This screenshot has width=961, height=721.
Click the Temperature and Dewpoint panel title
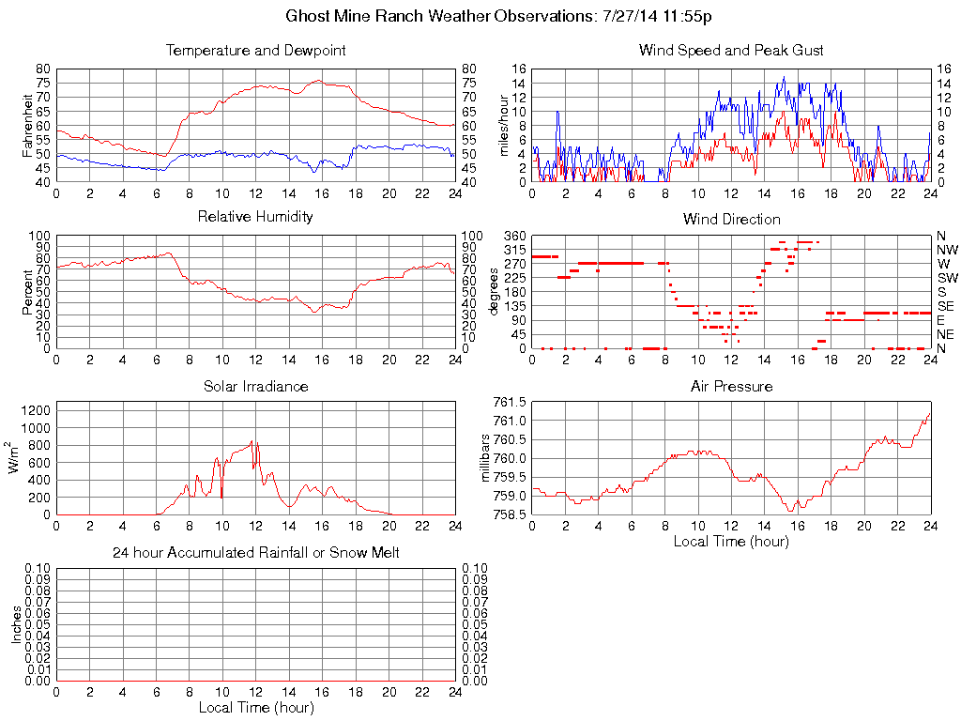[255, 50]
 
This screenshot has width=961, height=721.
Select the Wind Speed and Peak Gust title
[731, 50]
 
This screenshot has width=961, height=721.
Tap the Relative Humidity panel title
[255, 217]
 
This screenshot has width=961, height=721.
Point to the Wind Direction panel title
[731, 219]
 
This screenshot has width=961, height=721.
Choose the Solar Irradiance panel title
[255, 386]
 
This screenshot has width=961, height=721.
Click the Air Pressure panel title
[731, 386]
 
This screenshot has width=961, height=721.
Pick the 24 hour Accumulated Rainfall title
[255, 553]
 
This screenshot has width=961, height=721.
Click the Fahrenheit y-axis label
[26, 125]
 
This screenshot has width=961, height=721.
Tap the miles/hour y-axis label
[503, 125]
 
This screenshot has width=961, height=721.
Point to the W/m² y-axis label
[16, 458]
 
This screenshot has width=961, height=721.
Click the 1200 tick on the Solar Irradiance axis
[35, 409]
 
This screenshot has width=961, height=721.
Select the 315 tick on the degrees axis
[513, 250]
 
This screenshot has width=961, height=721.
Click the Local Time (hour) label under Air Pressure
[731, 541]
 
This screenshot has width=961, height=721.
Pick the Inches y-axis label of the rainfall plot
[16, 624]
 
